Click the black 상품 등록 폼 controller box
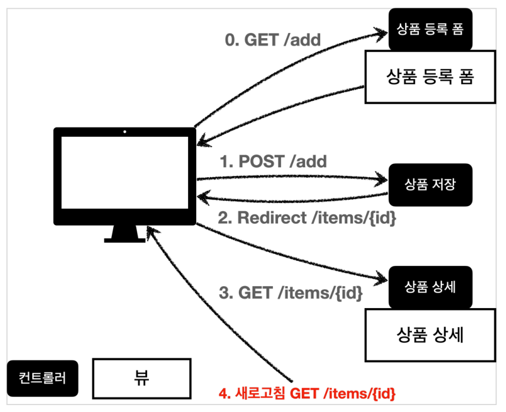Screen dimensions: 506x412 (x=430, y=29)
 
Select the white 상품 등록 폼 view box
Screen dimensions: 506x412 (x=430, y=77)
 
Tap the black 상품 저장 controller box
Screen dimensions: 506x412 (x=430, y=185)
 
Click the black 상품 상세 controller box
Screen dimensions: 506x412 (x=430, y=287)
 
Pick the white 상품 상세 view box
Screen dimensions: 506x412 (x=430, y=335)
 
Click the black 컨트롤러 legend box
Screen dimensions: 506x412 (x=43, y=378)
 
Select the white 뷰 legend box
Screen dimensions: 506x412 (x=142, y=379)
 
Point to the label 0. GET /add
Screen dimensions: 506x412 (x=273, y=40)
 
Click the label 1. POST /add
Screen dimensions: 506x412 (x=273, y=162)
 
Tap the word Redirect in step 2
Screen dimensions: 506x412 (x=272, y=218)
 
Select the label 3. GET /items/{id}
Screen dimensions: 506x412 (x=290, y=293)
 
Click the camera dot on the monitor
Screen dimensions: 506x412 (x=125, y=132)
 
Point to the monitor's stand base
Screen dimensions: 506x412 (x=125, y=241)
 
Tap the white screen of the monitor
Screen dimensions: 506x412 (x=125, y=173)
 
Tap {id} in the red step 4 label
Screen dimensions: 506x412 (x=384, y=394)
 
